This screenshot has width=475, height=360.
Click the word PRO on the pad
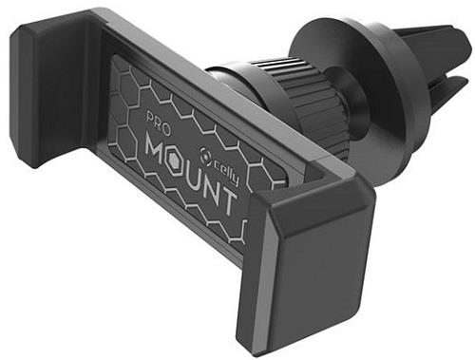(x=159, y=123)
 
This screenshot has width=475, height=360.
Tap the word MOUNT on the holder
(x=191, y=174)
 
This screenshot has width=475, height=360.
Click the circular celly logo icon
(x=207, y=154)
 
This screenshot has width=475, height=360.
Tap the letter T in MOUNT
(x=227, y=200)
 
